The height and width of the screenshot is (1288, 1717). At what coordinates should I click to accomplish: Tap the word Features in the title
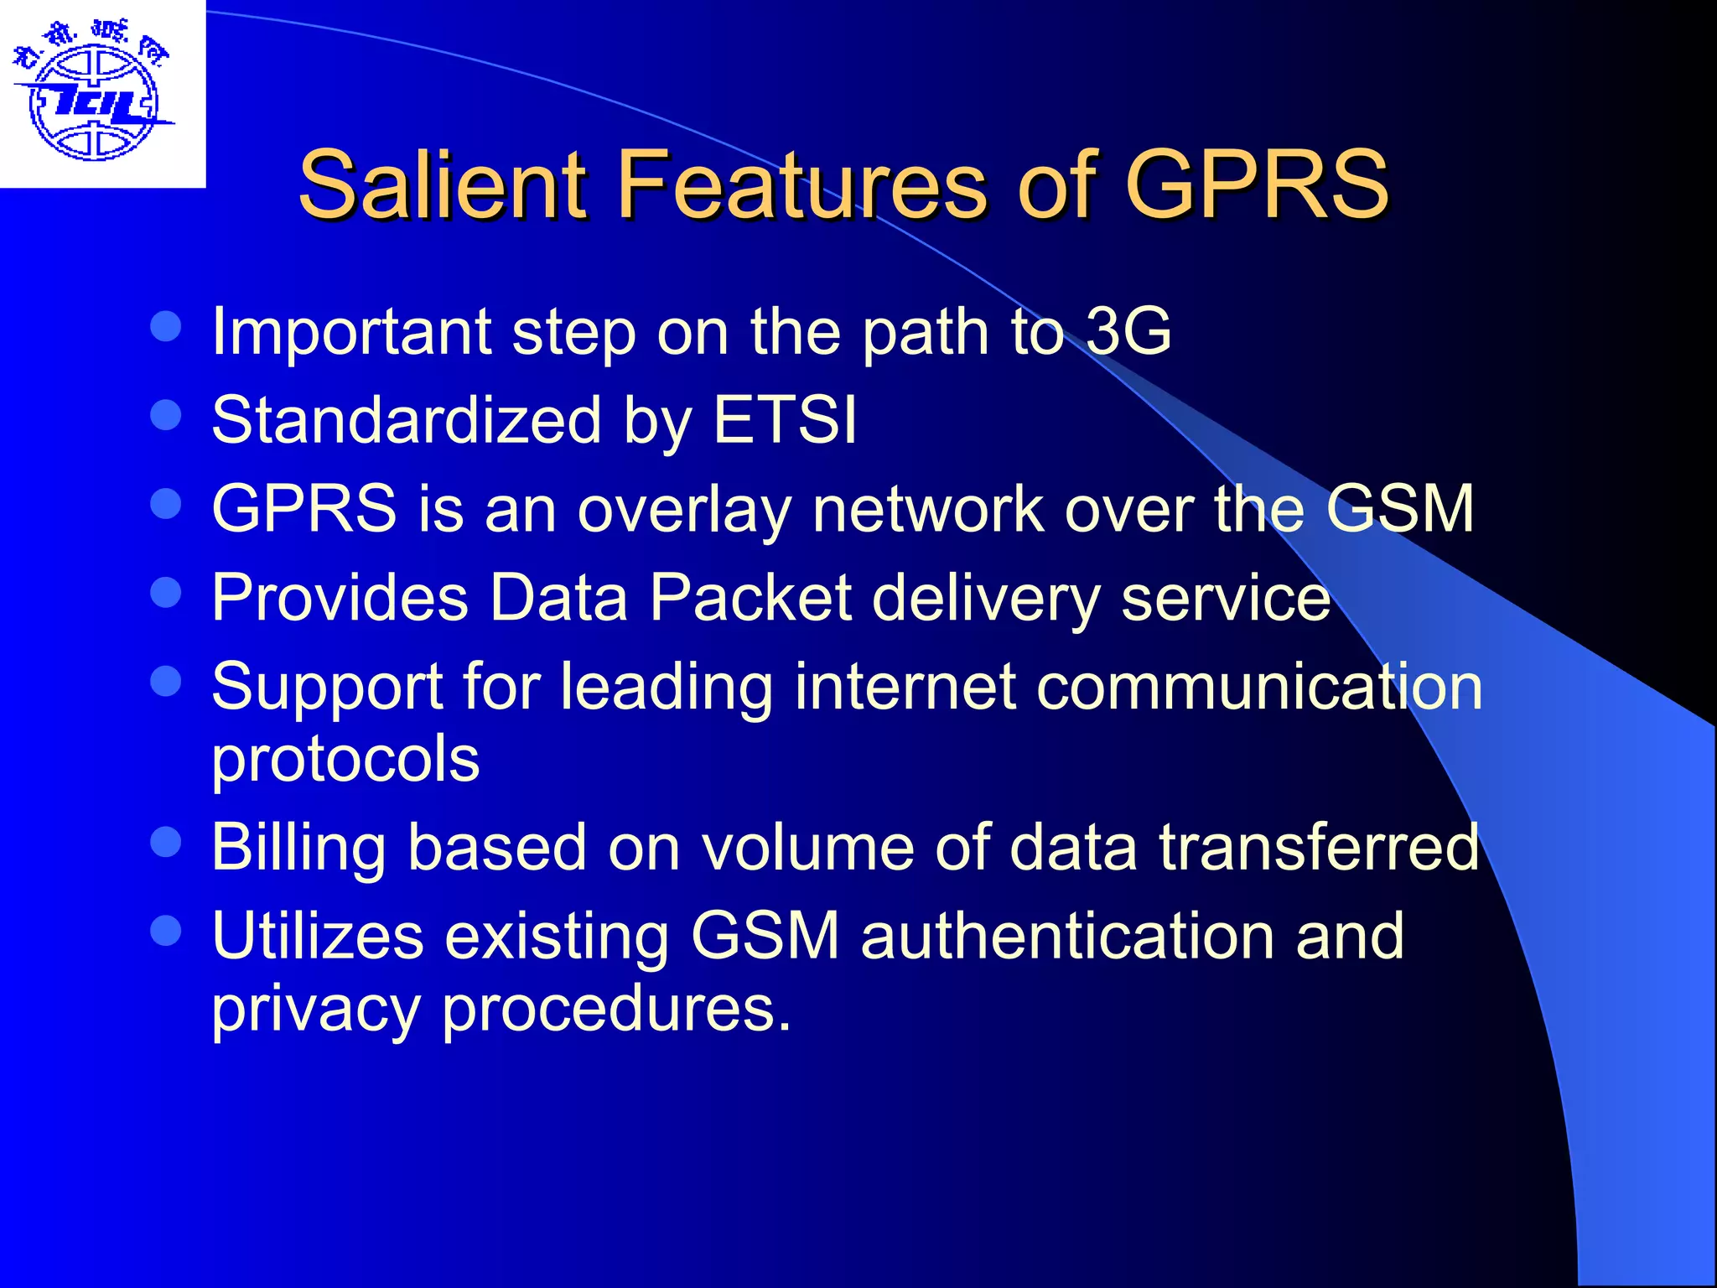click(x=802, y=184)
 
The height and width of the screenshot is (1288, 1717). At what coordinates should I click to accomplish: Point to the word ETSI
click(x=785, y=419)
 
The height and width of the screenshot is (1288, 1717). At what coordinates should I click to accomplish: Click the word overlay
click(x=683, y=509)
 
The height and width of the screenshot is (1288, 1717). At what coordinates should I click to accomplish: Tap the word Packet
click(x=750, y=597)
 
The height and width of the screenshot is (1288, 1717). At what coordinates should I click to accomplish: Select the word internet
click(x=905, y=686)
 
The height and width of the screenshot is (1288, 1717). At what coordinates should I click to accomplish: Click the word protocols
click(x=345, y=760)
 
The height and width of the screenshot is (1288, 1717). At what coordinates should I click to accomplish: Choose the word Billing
click(x=298, y=848)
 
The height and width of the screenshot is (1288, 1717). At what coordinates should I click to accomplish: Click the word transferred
click(x=1320, y=848)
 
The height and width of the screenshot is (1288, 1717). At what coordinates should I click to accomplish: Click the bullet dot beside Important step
click(x=166, y=326)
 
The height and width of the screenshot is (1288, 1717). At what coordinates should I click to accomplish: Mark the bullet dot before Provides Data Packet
click(x=166, y=592)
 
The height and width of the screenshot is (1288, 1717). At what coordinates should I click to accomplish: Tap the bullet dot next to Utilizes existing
click(x=166, y=930)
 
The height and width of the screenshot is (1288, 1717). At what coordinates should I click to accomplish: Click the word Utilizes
click(x=318, y=936)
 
